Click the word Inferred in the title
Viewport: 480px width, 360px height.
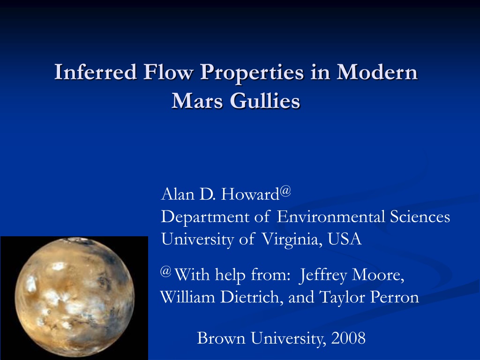click(96, 72)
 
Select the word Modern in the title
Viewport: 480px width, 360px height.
click(377, 72)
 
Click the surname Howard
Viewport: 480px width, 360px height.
click(250, 194)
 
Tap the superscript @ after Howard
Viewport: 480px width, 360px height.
click(285, 191)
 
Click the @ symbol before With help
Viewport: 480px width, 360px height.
click(165, 271)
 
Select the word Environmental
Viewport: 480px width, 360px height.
click(330, 217)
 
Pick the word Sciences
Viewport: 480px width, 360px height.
click(420, 217)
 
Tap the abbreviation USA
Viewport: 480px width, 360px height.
click(345, 239)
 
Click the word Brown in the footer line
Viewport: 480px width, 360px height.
click(221, 338)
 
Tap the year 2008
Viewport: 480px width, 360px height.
click(348, 338)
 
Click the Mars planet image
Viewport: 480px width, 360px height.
click(75, 298)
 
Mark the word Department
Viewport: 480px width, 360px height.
click(205, 217)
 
